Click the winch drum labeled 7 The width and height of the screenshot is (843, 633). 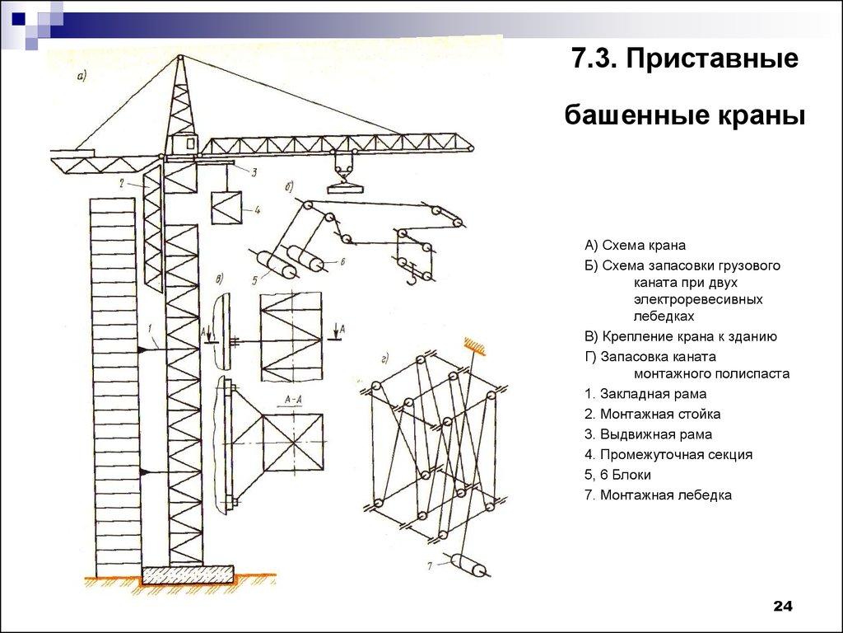(x=467, y=567)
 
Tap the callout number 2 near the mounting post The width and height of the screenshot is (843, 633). (x=121, y=183)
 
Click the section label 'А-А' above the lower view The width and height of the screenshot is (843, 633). (x=293, y=401)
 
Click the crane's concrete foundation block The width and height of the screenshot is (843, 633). (x=187, y=573)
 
